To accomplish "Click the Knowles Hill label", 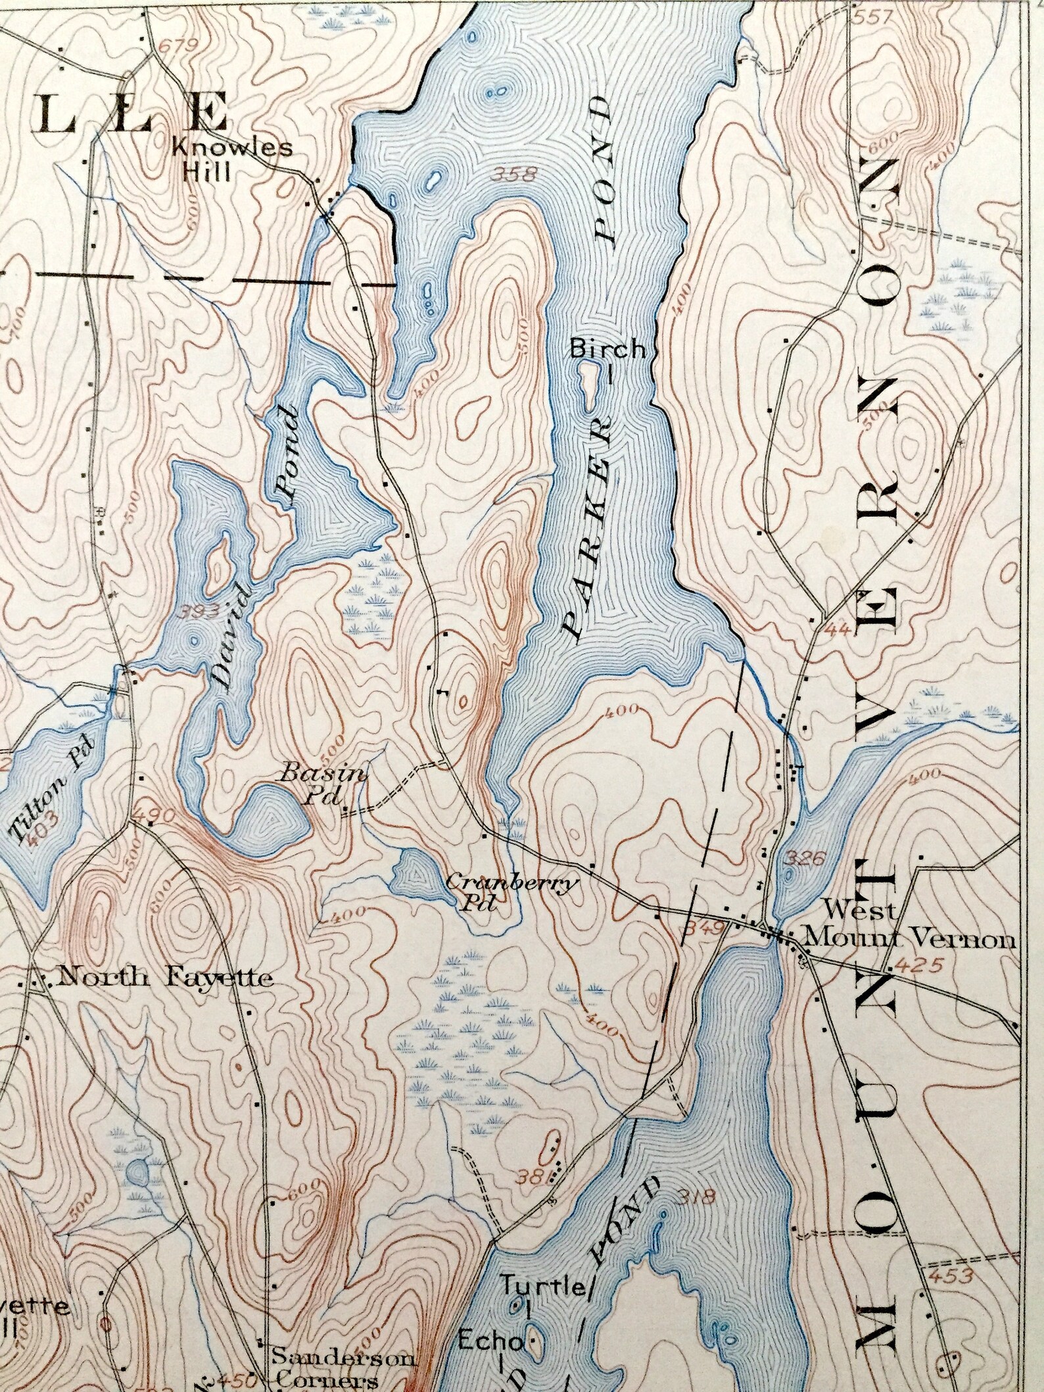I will [231, 159].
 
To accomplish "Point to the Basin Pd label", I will [322, 784].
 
